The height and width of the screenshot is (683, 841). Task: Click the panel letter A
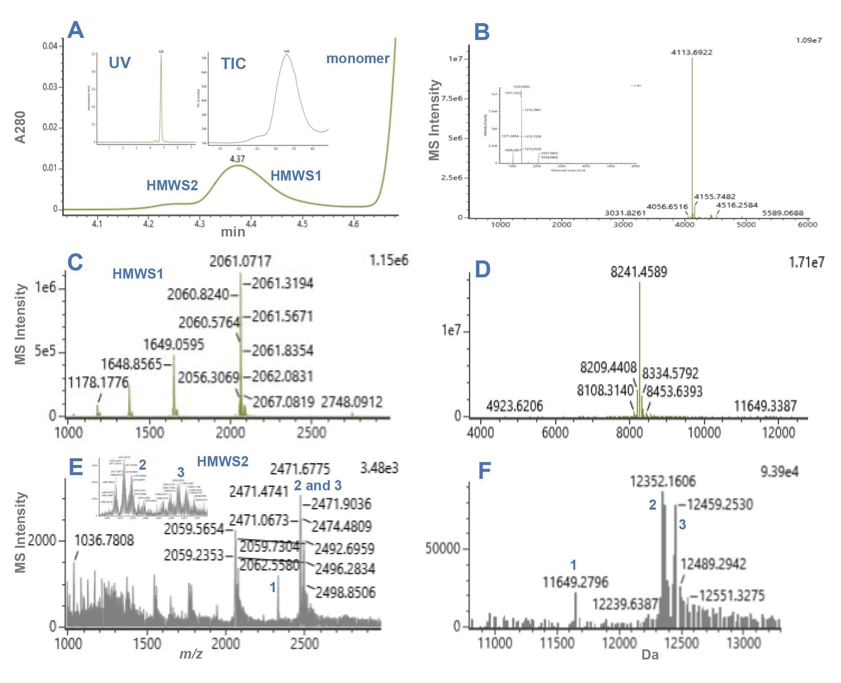click(76, 31)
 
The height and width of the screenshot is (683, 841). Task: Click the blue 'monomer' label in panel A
click(358, 58)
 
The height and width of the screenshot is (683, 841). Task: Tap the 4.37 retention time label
click(237, 159)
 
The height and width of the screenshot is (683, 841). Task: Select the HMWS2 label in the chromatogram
click(172, 185)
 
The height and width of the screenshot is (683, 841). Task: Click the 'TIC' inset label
click(233, 64)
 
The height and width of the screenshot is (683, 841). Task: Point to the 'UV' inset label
click(119, 63)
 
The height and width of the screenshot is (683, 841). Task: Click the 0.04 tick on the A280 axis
click(50, 45)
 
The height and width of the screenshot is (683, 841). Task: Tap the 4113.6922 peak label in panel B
click(692, 52)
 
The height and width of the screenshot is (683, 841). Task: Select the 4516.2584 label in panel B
click(737, 205)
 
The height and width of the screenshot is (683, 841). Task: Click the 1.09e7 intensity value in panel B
click(809, 40)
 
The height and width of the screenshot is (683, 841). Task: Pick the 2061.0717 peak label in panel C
click(240, 261)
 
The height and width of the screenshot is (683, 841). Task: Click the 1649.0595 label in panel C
click(174, 345)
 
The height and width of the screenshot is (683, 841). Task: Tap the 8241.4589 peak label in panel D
click(639, 272)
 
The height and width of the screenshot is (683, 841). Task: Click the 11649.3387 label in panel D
click(765, 406)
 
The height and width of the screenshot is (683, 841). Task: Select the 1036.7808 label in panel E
click(104, 540)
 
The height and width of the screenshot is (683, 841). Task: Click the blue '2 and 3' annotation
click(317, 486)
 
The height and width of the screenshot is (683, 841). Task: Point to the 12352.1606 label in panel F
click(663, 481)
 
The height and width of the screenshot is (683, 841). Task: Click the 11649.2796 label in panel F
click(575, 582)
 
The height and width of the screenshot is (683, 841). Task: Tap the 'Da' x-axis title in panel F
click(650, 655)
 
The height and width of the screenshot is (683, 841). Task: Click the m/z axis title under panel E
click(191, 654)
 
